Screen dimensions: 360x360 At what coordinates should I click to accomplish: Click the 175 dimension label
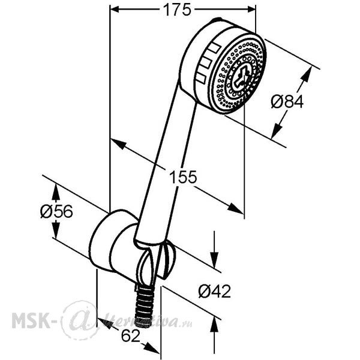click(177, 10)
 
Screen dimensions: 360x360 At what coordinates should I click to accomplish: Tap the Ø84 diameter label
click(287, 101)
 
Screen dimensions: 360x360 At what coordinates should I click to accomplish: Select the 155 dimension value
click(183, 177)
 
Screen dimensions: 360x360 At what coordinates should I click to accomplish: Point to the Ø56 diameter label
click(56, 211)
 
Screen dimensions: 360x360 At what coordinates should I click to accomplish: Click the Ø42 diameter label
click(215, 292)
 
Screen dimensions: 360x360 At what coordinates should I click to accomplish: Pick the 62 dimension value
click(130, 336)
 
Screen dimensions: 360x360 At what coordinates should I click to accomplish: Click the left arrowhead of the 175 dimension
click(115, 10)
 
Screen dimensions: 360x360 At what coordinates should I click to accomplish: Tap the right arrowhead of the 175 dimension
click(251, 10)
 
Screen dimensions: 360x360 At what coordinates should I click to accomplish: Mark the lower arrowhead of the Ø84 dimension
click(276, 132)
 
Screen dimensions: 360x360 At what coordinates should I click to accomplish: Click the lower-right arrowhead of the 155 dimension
click(235, 208)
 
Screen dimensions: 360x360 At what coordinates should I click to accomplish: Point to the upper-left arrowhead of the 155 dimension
click(118, 144)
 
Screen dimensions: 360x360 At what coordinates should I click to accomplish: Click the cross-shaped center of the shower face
click(241, 77)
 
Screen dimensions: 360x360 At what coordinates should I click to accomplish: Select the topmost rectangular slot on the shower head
click(214, 47)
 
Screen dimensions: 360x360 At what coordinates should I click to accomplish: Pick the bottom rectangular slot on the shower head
click(201, 77)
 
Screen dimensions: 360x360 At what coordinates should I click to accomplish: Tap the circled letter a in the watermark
click(80, 320)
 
